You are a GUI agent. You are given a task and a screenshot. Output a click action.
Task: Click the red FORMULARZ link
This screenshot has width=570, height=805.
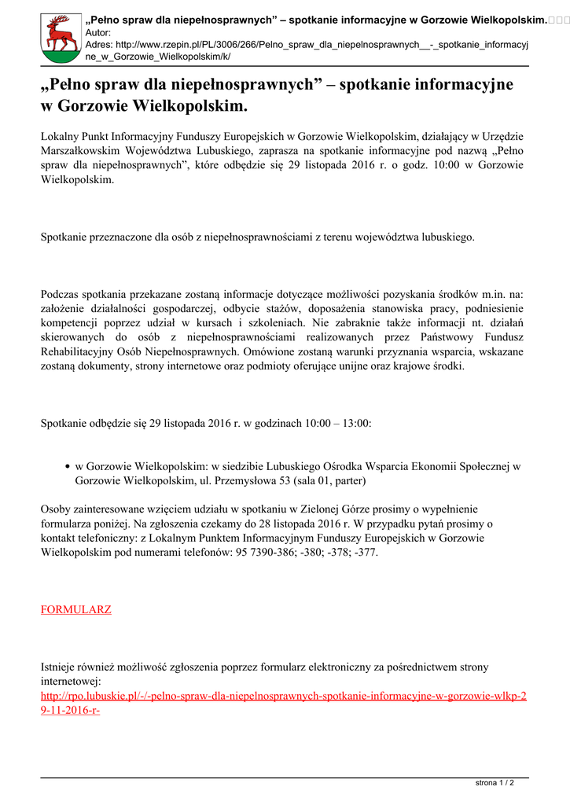coord(75,609)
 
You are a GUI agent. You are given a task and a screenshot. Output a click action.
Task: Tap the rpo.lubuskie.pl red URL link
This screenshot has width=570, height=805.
coord(283,696)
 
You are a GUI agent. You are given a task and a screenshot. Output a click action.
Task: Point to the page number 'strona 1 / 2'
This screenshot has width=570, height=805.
coord(495,783)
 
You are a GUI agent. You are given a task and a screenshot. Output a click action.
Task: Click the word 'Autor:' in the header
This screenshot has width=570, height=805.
coord(97,32)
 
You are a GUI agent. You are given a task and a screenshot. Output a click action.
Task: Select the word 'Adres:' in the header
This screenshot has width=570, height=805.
coord(99,45)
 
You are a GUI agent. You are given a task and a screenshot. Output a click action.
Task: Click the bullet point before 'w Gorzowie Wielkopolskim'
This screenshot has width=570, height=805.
coord(68,466)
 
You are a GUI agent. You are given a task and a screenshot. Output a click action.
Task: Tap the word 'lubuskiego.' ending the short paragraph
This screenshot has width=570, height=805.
coord(443,236)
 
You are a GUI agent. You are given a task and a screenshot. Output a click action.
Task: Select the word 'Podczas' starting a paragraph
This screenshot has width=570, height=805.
coord(59,294)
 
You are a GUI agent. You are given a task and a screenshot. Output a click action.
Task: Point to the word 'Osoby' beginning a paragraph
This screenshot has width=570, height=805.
coord(55,509)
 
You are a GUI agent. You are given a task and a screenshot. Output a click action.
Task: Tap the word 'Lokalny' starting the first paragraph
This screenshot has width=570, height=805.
coord(60,136)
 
